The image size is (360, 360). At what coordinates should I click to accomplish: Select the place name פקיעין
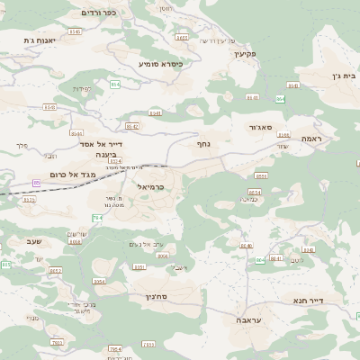tap(245, 54)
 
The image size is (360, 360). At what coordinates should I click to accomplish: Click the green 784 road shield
tap(98, 218)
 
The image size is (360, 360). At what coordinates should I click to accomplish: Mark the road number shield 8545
tap(74, 31)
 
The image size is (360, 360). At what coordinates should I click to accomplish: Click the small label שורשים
tap(76, 233)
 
